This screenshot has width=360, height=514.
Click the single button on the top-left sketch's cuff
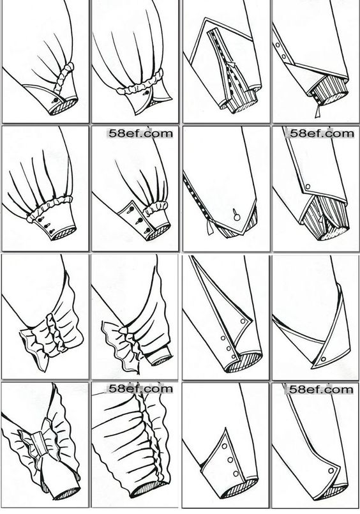(56, 100)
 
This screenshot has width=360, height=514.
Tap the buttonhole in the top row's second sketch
(145, 94)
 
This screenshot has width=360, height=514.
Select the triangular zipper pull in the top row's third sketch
(233, 64)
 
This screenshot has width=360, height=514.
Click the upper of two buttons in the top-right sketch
(278, 45)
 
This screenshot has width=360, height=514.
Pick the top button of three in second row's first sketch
(41, 219)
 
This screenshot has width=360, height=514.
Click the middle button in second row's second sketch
(139, 220)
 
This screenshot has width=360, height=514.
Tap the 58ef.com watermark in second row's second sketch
(140, 133)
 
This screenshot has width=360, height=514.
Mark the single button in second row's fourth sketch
(308, 186)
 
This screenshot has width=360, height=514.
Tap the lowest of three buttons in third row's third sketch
(234, 357)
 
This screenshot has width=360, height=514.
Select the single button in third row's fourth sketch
(324, 359)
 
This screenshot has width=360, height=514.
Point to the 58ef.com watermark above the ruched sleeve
(140, 389)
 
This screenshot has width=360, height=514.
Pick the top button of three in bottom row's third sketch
(225, 446)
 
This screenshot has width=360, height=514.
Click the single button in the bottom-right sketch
(331, 471)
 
